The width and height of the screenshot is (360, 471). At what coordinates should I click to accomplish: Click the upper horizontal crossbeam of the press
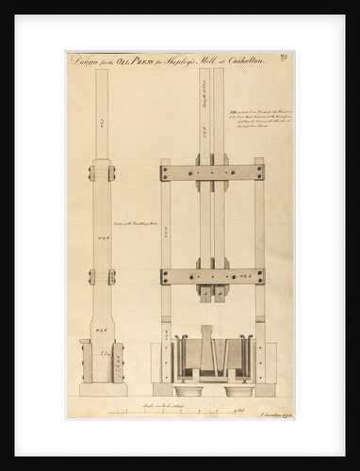212,173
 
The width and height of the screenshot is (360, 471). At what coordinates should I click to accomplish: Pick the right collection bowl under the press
241,388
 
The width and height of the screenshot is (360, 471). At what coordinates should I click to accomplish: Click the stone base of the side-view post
103,387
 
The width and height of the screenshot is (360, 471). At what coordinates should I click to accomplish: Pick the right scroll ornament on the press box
250,337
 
